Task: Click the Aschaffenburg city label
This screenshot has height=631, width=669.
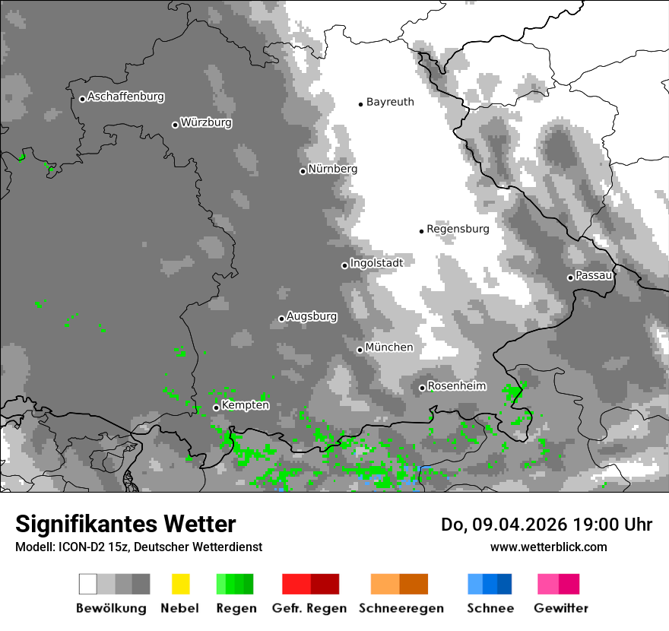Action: pyautogui.click(x=125, y=97)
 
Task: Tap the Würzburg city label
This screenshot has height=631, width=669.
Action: pyautogui.click(x=206, y=122)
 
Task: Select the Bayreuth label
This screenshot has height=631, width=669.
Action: pyautogui.click(x=390, y=102)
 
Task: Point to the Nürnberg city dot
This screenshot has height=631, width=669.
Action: pyautogui.click(x=303, y=171)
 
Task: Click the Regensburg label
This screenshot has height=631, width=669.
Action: pyautogui.click(x=458, y=229)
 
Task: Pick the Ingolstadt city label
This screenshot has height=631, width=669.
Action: pyautogui.click(x=376, y=263)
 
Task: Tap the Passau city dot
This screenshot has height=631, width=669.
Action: pyautogui.click(x=570, y=277)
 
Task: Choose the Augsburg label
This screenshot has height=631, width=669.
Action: pyautogui.click(x=312, y=316)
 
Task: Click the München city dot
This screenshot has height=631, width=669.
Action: pyautogui.click(x=360, y=350)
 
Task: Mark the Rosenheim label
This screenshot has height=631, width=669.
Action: pyautogui.click(x=456, y=386)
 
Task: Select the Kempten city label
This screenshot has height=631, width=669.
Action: pyautogui.click(x=245, y=405)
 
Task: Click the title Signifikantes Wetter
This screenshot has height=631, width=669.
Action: pyautogui.click(x=125, y=524)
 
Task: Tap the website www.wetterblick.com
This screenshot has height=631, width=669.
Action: pyautogui.click(x=548, y=547)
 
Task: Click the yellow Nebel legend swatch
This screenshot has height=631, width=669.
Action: pyautogui.click(x=180, y=584)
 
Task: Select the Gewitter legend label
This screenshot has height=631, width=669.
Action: pyautogui.click(x=561, y=608)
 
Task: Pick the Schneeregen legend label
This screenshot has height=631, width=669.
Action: pyautogui.click(x=401, y=608)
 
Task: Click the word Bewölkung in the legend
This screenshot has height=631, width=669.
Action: pyautogui.click(x=111, y=608)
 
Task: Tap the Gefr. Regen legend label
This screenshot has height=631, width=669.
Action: pyautogui.click(x=309, y=608)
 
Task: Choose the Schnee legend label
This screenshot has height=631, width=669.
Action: pyautogui.click(x=490, y=608)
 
